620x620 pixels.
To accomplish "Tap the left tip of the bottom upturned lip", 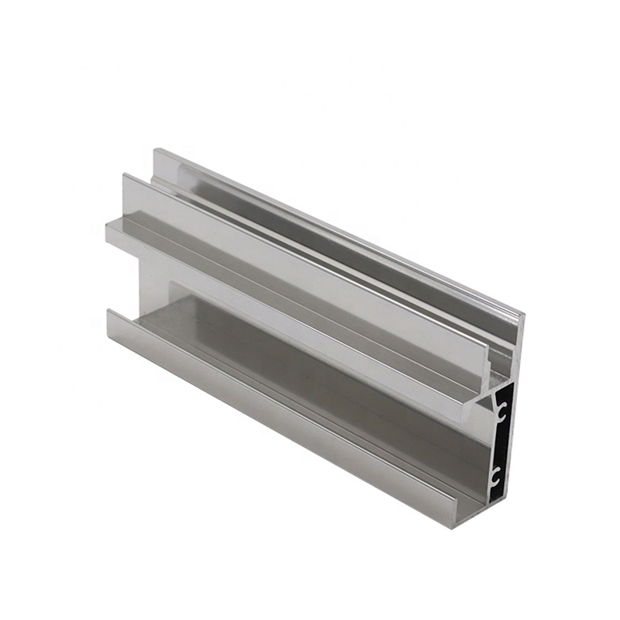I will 108,314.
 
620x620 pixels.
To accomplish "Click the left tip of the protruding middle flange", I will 108,226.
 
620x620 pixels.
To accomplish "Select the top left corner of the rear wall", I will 154,150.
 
